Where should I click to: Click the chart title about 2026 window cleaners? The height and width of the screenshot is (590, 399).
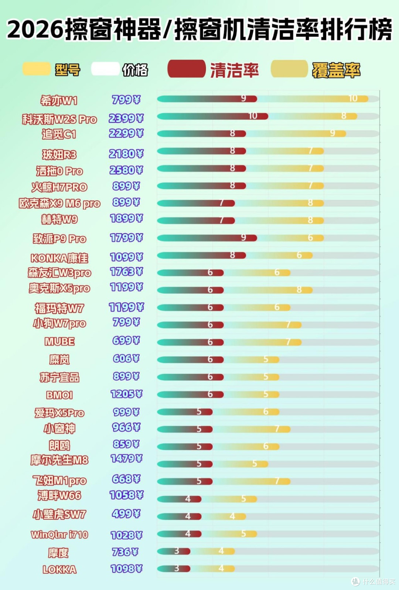(x=199, y=29)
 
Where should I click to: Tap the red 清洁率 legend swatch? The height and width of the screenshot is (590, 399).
(x=186, y=69)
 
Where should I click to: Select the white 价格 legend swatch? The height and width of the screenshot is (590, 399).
(x=105, y=69)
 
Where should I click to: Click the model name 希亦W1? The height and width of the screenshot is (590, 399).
(x=59, y=100)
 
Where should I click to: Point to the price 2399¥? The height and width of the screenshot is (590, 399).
(x=126, y=118)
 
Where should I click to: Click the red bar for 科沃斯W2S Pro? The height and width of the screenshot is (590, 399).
(x=213, y=116)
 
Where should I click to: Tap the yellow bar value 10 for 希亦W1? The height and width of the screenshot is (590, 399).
(x=353, y=98)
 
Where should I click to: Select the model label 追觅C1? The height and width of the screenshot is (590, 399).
(x=59, y=134)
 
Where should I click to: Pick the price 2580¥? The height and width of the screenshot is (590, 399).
(x=126, y=170)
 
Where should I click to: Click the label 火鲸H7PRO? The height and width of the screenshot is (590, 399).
(x=59, y=187)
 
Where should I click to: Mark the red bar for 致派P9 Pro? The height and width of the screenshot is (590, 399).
(x=207, y=238)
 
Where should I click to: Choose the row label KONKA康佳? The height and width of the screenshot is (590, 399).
(x=59, y=258)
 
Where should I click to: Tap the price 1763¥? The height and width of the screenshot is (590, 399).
(x=126, y=272)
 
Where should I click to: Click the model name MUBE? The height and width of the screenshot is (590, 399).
(x=59, y=342)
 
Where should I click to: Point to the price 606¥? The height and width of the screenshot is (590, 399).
(x=126, y=359)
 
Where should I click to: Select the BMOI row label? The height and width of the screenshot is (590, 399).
(x=59, y=395)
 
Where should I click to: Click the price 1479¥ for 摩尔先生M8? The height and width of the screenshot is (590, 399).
(x=126, y=458)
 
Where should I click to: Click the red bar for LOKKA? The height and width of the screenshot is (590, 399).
(x=174, y=569)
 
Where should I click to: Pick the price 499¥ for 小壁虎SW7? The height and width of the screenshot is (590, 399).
(x=126, y=513)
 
